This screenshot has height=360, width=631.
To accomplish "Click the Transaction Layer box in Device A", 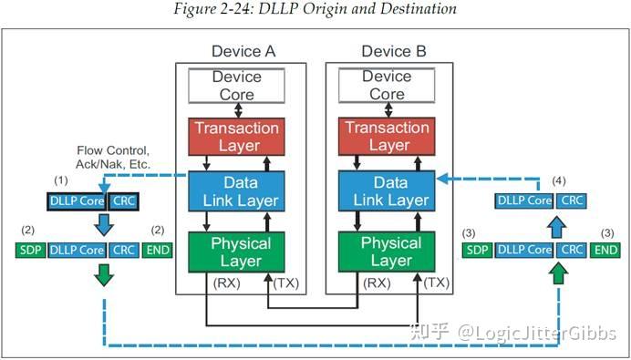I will pos(236,137).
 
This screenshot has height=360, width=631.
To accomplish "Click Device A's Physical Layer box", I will pos(237,252).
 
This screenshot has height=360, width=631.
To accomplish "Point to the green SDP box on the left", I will pos(31,249).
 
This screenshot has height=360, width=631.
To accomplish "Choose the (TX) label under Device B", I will pos(438,283).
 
